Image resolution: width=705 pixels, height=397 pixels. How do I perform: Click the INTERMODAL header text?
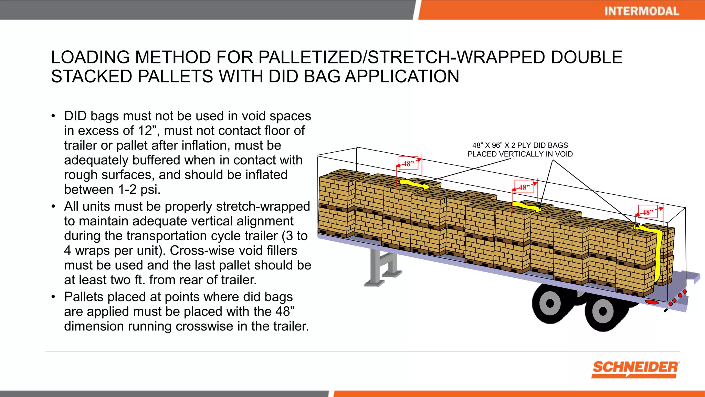point(641,11)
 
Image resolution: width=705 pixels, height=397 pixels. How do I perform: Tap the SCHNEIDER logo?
point(635,368)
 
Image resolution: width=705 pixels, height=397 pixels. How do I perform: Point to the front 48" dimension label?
point(409,163)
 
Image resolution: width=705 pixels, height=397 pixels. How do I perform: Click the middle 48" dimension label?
point(524,187)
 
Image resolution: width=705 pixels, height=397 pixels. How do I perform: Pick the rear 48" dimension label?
point(648,212)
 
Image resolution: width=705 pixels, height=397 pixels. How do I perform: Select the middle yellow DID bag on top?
point(527,207)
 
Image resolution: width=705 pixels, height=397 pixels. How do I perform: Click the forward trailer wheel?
point(550,303)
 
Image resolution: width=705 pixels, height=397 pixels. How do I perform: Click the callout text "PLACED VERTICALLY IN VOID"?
point(520,154)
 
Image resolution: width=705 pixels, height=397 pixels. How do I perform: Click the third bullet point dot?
point(53,297)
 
